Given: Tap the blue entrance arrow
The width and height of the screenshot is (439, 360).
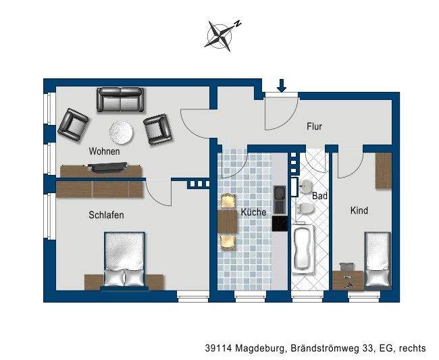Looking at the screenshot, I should click(282, 85).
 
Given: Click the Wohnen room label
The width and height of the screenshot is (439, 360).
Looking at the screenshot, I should click(104, 151).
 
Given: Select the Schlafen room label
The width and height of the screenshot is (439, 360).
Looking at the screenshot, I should click(106, 215).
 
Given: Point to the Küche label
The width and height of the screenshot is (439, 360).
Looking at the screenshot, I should click(253, 211).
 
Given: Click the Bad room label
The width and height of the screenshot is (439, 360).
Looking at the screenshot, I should click(319, 195).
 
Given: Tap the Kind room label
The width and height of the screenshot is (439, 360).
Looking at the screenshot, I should click(359, 210).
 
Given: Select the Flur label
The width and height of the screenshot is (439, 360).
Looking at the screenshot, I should click(314, 126).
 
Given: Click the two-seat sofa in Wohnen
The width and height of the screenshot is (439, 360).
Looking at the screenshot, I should click(120, 100).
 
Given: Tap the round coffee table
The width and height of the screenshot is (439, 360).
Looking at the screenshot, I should click(122, 131).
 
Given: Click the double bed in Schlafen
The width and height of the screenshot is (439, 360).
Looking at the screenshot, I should click(124, 261).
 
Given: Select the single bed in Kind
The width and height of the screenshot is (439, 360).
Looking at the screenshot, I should click(378, 260).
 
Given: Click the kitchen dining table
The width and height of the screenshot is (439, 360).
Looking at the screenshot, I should click(226, 222).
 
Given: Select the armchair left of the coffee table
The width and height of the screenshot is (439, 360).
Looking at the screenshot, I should click(74, 124).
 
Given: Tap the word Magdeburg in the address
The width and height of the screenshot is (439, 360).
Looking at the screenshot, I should click(261, 349).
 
